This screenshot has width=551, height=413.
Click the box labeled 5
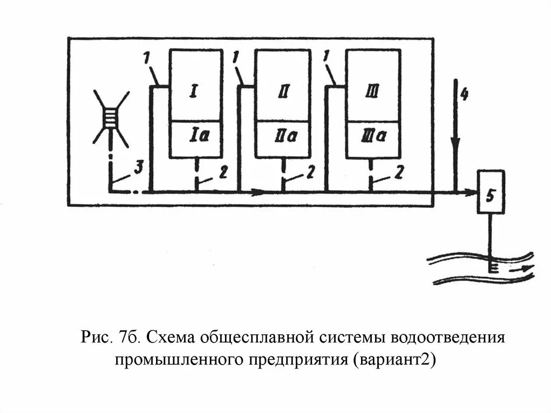pos(490,191)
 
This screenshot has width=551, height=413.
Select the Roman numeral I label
pos(193,93)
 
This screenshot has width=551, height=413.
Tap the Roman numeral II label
pos(282,93)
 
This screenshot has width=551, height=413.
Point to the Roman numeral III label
pos(372,93)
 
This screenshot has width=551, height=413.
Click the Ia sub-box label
pos(195,137)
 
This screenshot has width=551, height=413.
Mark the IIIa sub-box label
pos(373,137)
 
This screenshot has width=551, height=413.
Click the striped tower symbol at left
pos(111,116)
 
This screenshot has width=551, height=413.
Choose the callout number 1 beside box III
pos(327,56)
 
